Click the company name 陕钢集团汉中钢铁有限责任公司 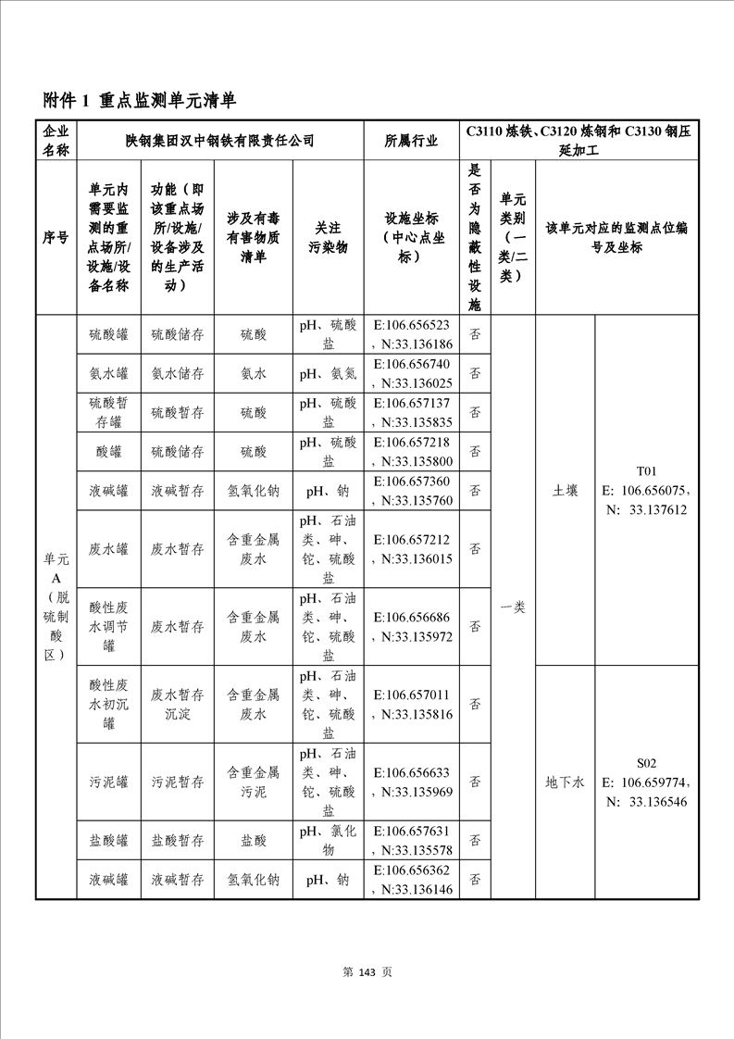(220, 141)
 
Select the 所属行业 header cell (411, 141)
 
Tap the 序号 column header (56, 237)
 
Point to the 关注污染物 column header (328, 237)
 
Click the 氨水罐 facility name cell (108, 373)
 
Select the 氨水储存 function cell (178, 373)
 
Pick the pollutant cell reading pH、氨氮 (328, 373)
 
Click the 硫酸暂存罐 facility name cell (108, 412)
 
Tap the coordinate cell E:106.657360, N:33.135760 (411, 491)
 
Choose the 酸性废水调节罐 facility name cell (108, 626)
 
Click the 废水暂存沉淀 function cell (178, 704)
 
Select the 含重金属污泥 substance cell (254, 782)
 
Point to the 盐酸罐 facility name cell (108, 841)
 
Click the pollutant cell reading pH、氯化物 (328, 841)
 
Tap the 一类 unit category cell (513, 607)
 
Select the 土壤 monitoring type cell (565, 491)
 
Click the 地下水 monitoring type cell (565, 782)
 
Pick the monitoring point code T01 (646, 470)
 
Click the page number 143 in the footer (367, 971)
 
